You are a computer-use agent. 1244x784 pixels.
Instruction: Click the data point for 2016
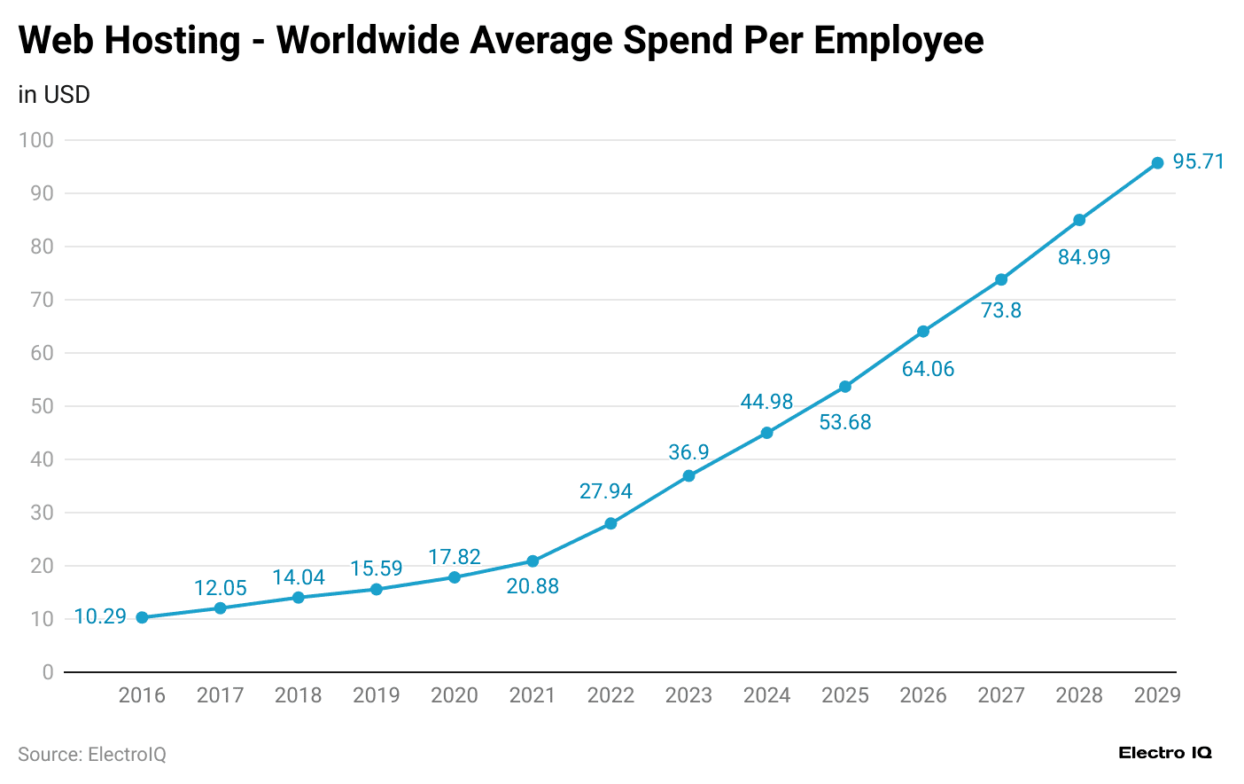point(142,617)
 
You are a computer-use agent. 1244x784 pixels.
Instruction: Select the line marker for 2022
point(610,523)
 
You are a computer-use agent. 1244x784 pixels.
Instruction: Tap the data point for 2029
point(1157,163)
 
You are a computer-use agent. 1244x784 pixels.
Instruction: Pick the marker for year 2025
point(845,387)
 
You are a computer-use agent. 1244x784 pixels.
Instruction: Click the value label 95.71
point(1198,161)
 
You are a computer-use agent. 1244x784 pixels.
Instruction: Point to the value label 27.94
point(605,491)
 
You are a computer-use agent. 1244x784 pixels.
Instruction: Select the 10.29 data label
point(100,616)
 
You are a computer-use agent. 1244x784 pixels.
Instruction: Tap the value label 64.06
point(928,369)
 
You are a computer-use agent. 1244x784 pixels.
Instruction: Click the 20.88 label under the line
point(533,586)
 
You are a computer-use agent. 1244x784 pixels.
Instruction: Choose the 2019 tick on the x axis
point(377,695)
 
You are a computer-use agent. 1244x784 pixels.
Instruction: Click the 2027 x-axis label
point(1001,695)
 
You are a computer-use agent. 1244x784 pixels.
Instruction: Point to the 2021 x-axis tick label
point(533,695)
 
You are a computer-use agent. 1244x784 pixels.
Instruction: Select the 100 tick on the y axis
point(36,140)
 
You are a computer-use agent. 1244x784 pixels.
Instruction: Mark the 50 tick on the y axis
point(42,406)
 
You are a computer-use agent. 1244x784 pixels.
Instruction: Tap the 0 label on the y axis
point(48,672)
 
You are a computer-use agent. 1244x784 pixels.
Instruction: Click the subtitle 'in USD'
point(54,95)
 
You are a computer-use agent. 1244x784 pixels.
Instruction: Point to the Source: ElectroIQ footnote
point(92,755)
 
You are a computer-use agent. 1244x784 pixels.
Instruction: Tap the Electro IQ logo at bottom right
point(1164,753)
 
